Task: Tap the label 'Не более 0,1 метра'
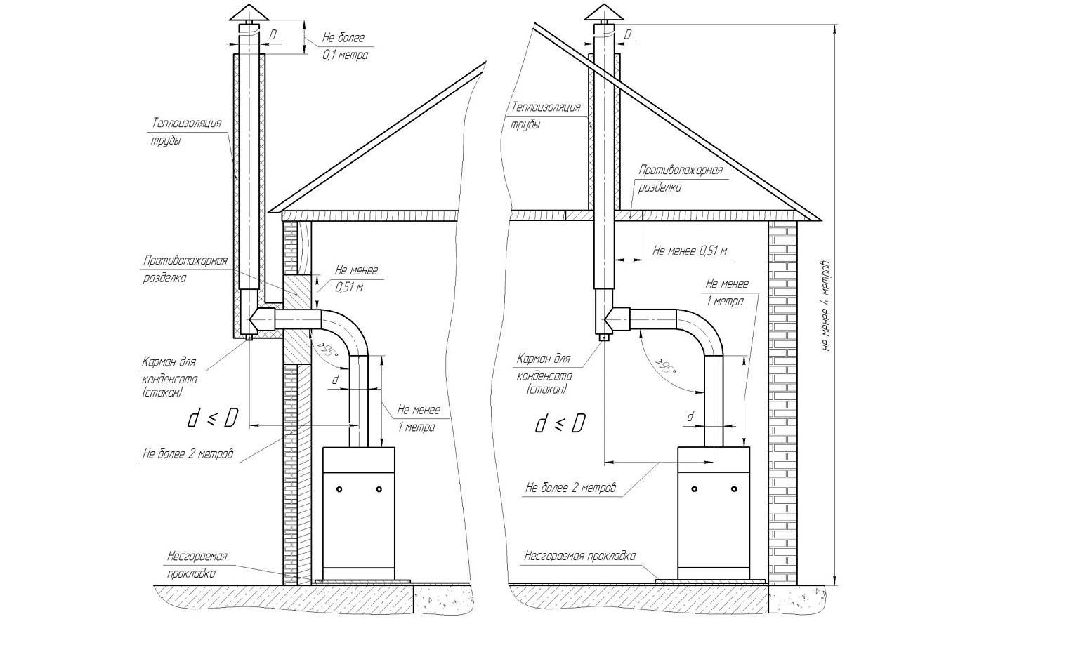pos(343,46)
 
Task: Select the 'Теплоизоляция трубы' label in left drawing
pos(186,131)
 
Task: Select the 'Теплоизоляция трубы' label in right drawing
pos(546,114)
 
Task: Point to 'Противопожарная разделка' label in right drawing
pos(680,178)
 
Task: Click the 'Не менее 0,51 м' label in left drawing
pos(355,278)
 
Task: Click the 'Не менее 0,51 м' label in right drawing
pos(689,251)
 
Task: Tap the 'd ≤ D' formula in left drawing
pos(212,419)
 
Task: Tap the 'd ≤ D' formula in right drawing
pos(560,423)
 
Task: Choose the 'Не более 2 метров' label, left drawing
pos(187,453)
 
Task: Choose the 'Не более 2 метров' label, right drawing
pos(570,487)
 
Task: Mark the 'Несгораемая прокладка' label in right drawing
pos(579,556)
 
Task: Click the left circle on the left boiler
pos(339,488)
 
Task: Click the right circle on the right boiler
pos(735,488)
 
